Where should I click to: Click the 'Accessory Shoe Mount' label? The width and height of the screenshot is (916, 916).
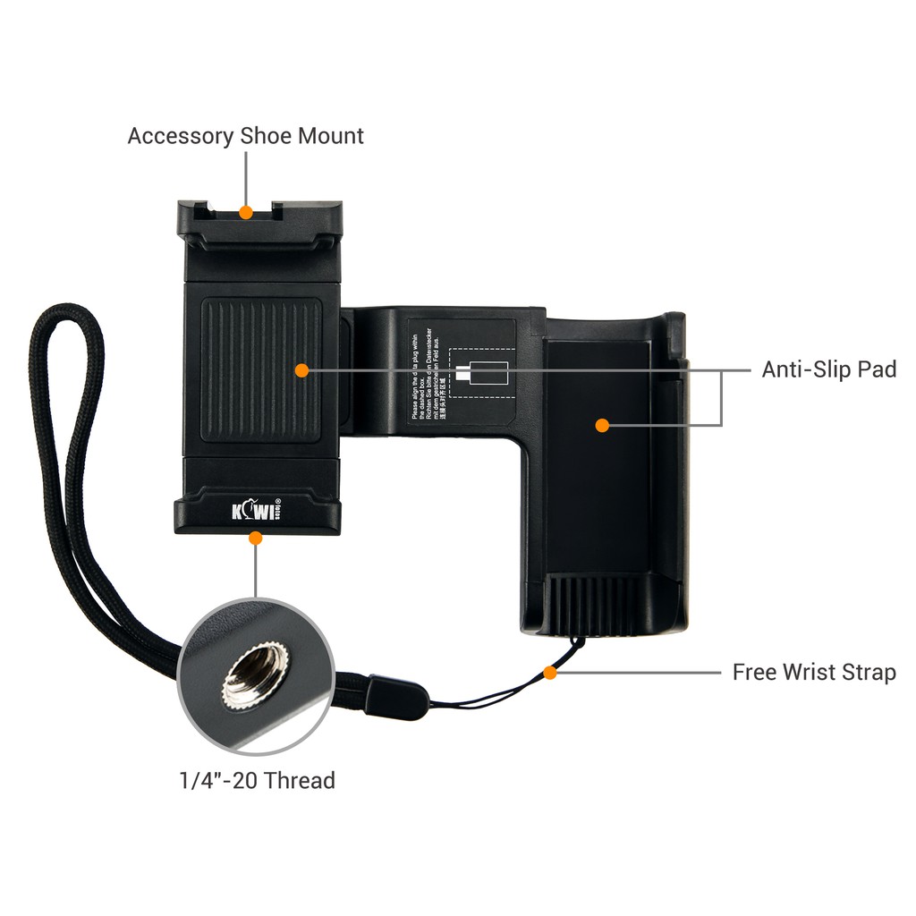coord(245,136)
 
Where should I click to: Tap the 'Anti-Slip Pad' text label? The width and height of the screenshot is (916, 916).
coord(828,369)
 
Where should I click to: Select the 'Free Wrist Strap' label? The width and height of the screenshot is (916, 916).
coord(814,672)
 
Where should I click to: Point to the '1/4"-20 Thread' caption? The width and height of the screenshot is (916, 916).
coord(257,780)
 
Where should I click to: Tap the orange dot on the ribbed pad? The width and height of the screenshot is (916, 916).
coord(301,369)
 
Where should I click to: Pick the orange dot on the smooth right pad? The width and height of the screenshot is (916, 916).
coord(602,425)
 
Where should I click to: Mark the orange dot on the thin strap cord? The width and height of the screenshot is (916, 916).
coord(550,672)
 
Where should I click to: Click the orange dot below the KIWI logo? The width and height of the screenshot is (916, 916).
coord(255,538)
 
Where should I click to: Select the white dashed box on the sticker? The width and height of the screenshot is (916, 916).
coord(481,372)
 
